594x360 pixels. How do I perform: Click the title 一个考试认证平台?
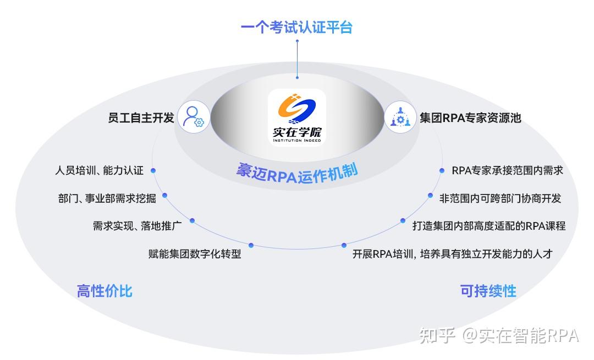[x=296, y=27]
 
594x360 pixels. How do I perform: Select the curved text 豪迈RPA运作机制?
[x=297, y=171]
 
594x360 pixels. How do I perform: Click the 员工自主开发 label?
[x=141, y=118]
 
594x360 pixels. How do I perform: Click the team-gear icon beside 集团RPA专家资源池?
[x=400, y=117]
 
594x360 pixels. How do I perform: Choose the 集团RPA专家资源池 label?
[x=470, y=118]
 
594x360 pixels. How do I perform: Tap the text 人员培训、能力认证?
[x=99, y=170]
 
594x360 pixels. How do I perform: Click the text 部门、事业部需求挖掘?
[x=107, y=198]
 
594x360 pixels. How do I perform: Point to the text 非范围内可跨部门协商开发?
[x=500, y=198]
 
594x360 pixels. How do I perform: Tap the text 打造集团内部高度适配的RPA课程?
[x=489, y=226]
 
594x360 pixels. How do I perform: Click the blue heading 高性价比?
[x=105, y=291]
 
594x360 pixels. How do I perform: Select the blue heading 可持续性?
[x=488, y=291]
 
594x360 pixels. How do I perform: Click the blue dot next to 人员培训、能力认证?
[x=153, y=170]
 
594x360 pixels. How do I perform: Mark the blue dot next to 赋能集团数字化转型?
[x=251, y=245]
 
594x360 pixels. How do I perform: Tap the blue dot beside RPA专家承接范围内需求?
[x=442, y=170]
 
